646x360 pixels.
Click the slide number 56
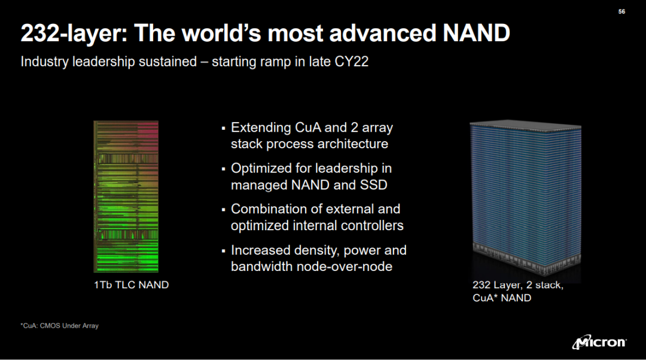[x=621, y=11]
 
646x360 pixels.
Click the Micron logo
[x=599, y=342]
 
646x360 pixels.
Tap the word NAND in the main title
[x=476, y=33]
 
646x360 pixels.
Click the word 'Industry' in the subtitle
[x=44, y=62]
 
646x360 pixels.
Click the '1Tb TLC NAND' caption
[x=132, y=285]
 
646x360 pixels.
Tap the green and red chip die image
[x=126, y=197]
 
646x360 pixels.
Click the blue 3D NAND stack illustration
[x=525, y=199]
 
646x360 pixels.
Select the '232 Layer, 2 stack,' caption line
[x=518, y=285]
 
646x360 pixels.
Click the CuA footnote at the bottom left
[x=60, y=326]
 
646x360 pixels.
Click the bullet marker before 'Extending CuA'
[x=223, y=129]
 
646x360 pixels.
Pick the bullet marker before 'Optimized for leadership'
[x=223, y=169]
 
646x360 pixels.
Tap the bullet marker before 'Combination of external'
[x=223, y=210]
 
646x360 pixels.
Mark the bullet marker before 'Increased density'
[x=223, y=251]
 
